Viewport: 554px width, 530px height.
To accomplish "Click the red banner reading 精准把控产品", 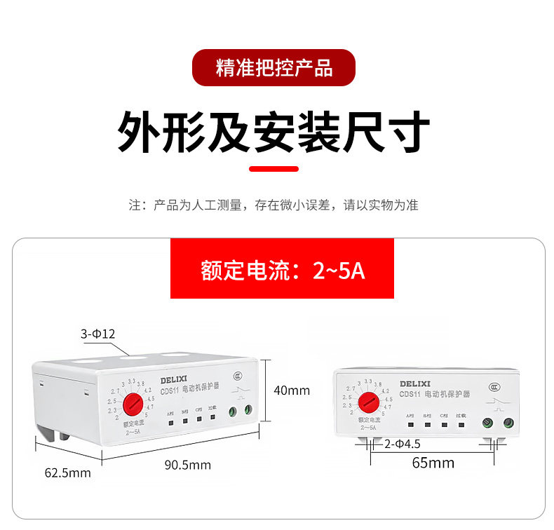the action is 273,67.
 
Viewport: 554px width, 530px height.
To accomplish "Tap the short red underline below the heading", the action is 274,169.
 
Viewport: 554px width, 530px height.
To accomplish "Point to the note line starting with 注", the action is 273,205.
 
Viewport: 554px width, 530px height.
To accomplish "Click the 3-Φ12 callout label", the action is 97,334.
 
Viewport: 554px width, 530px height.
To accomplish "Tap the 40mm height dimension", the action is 291,390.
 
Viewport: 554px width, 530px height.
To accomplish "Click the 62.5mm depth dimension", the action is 68,473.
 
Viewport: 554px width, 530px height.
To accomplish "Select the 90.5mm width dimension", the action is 187,465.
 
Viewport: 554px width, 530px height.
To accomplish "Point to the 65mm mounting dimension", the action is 433,463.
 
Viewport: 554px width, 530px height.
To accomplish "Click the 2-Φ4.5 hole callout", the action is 401,443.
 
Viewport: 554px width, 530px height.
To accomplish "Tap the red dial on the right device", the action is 369,402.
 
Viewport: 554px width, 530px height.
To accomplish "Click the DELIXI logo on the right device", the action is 417,383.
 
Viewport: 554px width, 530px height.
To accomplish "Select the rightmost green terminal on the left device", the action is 248,411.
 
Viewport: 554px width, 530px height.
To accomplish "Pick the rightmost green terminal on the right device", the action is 508,422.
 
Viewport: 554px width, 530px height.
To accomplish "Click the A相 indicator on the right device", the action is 410,423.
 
